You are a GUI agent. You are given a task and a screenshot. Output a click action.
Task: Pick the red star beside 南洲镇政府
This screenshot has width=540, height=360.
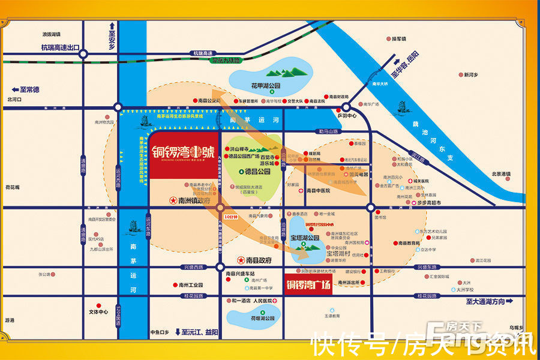coord(173,200)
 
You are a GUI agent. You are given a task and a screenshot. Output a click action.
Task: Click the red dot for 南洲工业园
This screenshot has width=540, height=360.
coord(173,284)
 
